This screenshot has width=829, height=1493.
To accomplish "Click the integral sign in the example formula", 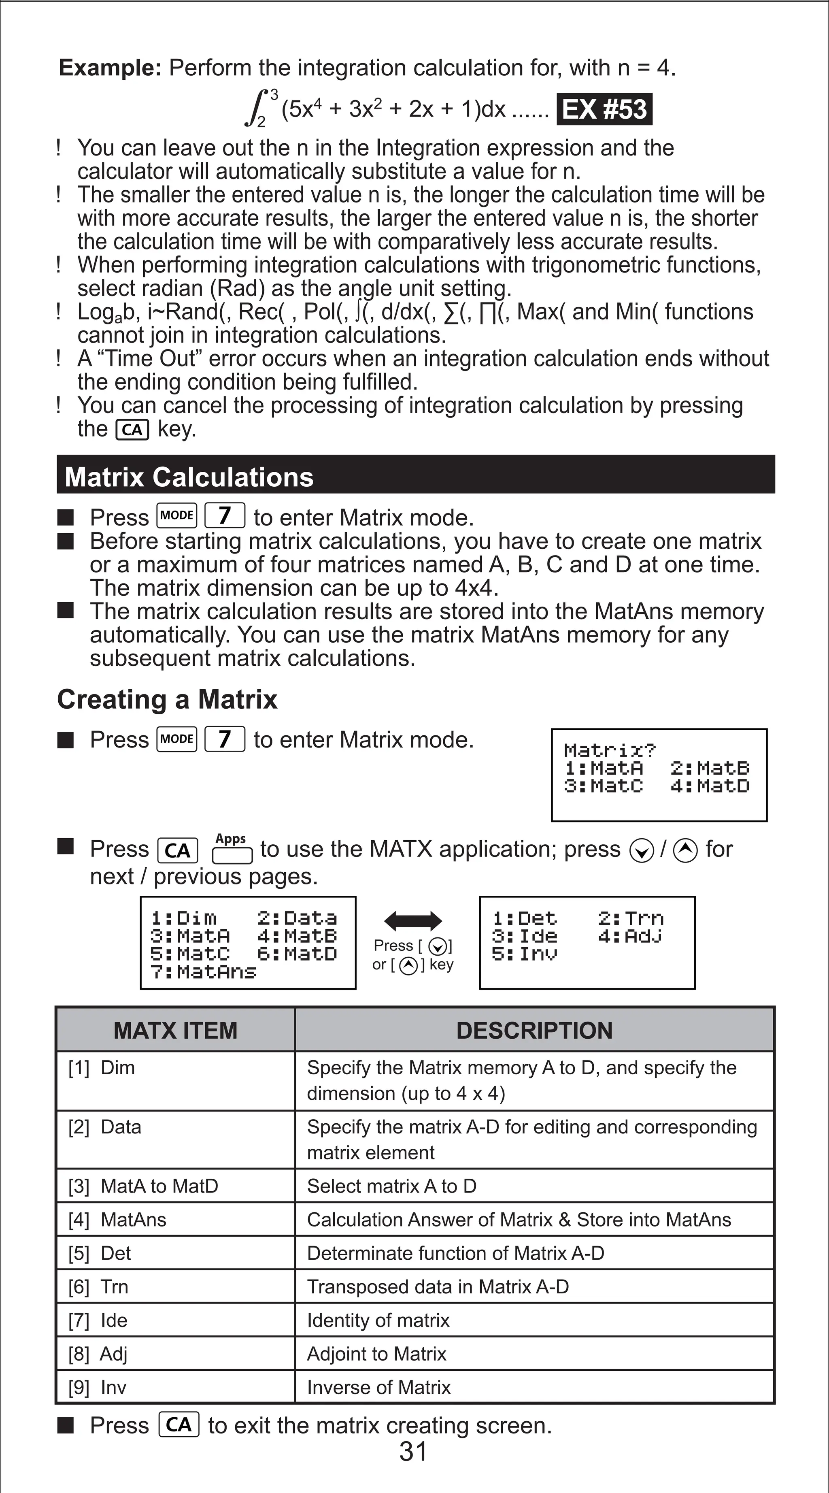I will tap(255, 107).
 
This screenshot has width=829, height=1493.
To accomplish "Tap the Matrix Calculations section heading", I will tap(189, 477).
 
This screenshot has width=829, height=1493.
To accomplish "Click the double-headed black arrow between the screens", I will tap(412, 920).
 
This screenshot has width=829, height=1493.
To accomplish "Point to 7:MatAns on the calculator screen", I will tap(203, 972).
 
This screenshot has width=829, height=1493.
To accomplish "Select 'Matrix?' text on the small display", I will tap(610, 750).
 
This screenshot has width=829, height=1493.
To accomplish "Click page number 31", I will tap(413, 1452).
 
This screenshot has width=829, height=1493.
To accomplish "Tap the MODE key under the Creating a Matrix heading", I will tap(177, 739).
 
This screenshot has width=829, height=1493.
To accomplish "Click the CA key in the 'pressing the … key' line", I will tap(133, 430).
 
